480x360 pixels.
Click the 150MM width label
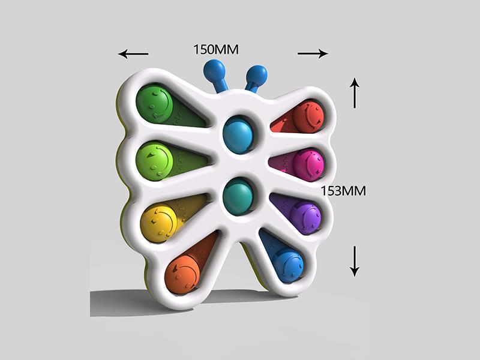216,50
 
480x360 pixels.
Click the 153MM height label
343,191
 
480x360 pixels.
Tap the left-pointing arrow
133,54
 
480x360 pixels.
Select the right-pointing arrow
313,54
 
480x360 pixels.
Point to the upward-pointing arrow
355,92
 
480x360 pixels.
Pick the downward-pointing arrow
355,261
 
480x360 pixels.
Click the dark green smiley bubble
154,104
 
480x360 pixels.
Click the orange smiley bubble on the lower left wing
182,272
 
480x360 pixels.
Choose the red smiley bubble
308,116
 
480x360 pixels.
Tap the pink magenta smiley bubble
308,164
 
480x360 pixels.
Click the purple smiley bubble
305,215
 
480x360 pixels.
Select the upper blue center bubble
238,135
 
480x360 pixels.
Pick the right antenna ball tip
257,76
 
